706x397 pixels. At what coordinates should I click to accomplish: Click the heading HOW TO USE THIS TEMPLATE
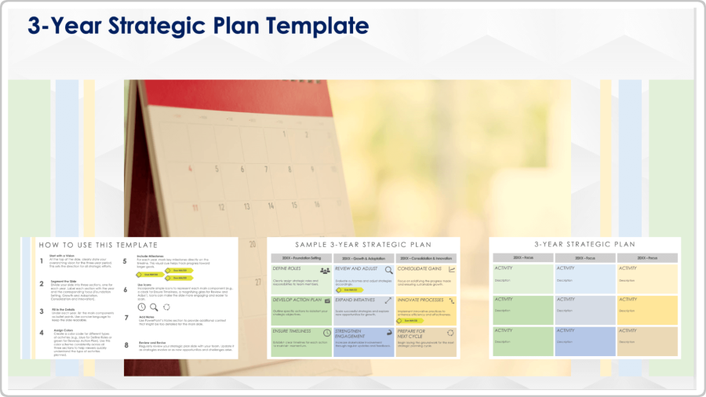(x=98, y=246)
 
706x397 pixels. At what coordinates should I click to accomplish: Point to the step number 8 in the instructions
(x=126, y=344)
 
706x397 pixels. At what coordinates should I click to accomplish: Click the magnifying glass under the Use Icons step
(x=155, y=307)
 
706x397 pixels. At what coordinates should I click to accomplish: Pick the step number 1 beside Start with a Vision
(x=42, y=260)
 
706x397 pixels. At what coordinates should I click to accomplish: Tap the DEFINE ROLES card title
(x=287, y=269)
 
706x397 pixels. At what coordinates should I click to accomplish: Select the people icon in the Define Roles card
(x=325, y=270)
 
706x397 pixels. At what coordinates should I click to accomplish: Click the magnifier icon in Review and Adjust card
(x=388, y=270)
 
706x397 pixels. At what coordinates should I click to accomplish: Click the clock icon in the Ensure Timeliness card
(x=326, y=333)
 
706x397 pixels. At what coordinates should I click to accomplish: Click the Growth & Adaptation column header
(x=364, y=258)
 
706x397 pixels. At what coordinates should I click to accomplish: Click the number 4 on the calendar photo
(x=191, y=168)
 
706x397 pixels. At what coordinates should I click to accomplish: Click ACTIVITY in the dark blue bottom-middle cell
(x=565, y=330)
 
